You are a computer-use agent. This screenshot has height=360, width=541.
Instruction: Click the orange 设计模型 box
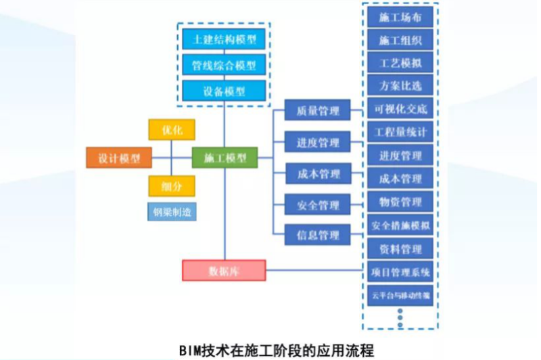coord(119,158)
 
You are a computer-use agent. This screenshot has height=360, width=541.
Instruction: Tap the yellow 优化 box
coord(172,129)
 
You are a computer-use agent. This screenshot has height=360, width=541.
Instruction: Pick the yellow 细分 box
coord(172,185)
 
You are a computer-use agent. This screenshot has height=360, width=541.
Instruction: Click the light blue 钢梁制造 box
coord(172,212)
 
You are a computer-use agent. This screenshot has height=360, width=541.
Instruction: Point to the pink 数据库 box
coord(224,270)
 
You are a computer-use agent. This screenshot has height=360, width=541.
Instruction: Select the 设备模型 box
coord(224,90)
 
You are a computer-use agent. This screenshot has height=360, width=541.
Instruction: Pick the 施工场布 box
coord(400,17)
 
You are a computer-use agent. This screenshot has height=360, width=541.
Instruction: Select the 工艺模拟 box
coord(400,63)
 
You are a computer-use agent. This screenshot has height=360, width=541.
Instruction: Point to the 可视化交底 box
coord(400,109)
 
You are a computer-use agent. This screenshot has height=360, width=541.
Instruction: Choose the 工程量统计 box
coord(400,132)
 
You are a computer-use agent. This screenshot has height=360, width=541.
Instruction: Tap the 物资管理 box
coord(400,202)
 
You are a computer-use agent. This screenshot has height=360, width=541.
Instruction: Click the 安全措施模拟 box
coord(400,225)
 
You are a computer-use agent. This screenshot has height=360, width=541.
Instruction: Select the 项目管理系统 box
coord(400,273)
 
